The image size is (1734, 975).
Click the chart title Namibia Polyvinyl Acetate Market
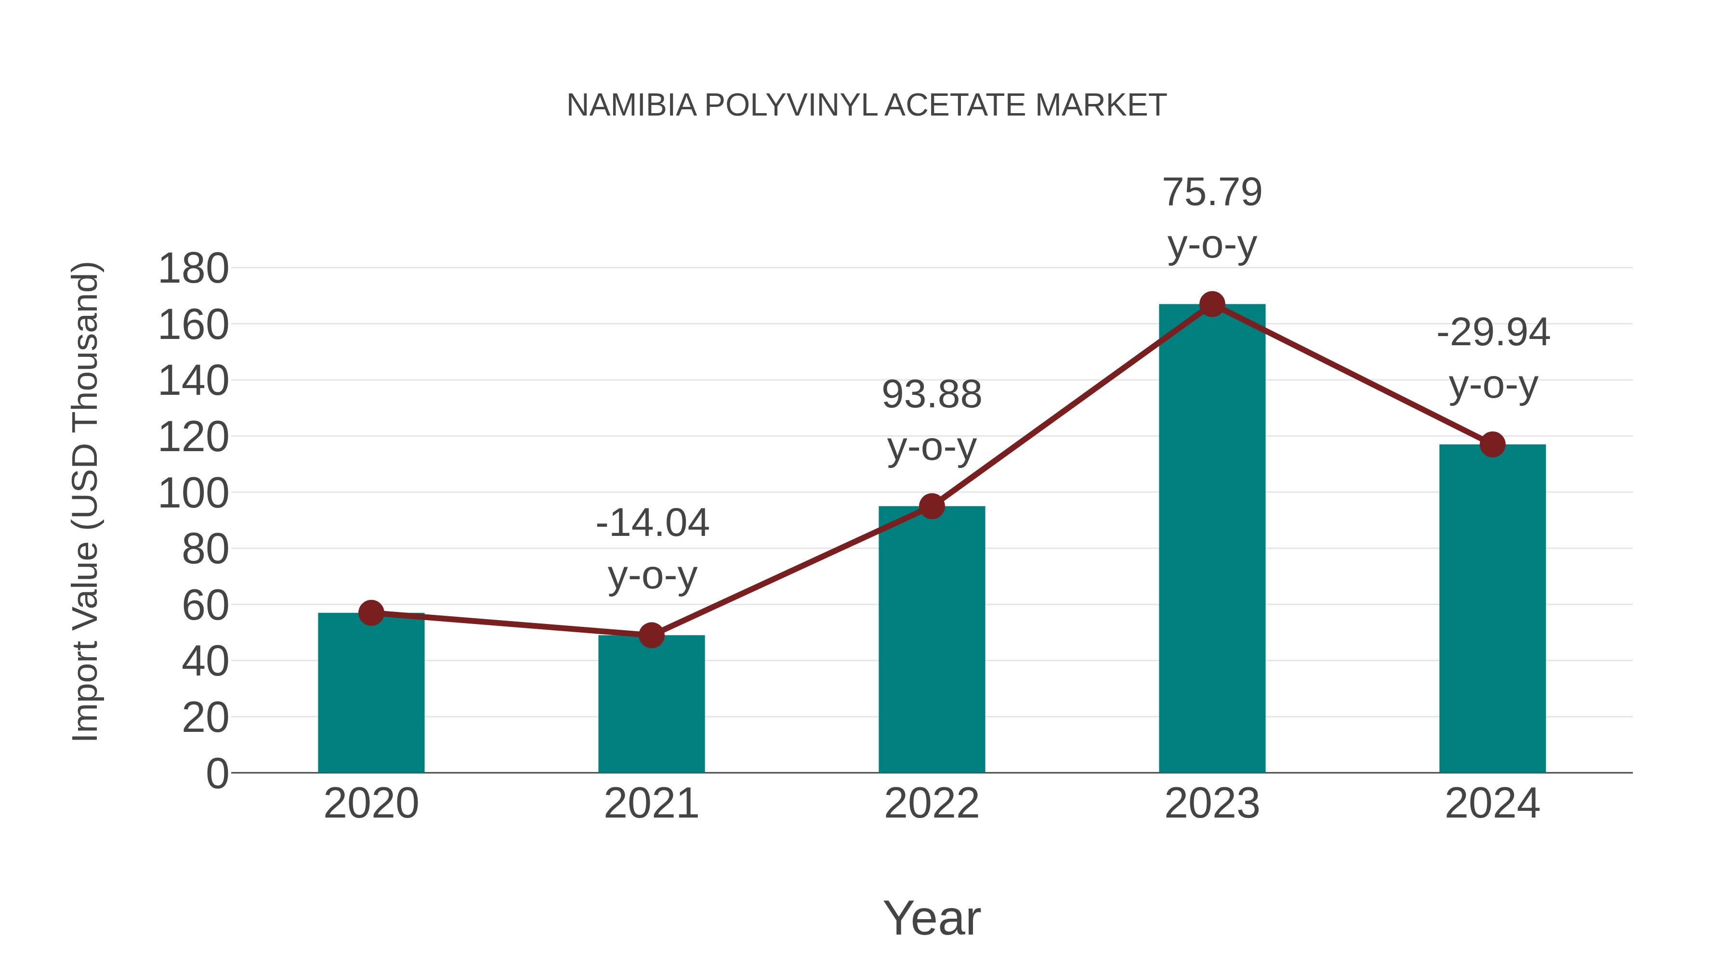pyautogui.click(x=867, y=105)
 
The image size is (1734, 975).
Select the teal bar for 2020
pyautogui.click(x=371, y=693)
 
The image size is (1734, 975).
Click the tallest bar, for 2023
pyautogui.click(x=1212, y=538)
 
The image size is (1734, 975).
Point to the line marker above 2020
pyautogui.click(x=371, y=613)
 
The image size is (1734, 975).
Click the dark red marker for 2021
pyautogui.click(x=651, y=635)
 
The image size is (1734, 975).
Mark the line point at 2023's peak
pyautogui.click(x=1212, y=304)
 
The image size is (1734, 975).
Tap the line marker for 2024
pyautogui.click(x=1492, y=444)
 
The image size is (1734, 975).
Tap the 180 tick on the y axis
pyautogui.click(x=193, y=269)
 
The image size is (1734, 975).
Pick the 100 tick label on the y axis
pyautogui.click(x=193, y=493)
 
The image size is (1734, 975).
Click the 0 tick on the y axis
pyautogui.click(x=217, y=773)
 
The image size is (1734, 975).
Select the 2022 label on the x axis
pyautogui.click(x=932, y=804)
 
